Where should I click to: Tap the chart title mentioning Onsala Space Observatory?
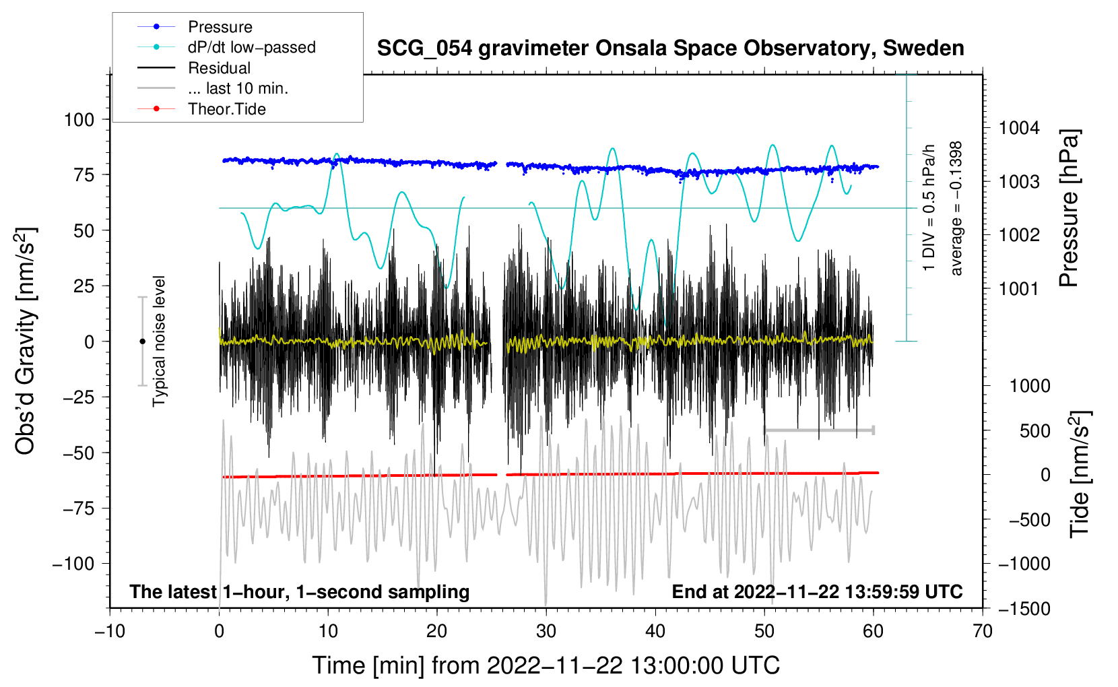point(670,48)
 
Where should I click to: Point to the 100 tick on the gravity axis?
point(79,120)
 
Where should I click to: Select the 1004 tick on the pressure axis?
point(1019,128)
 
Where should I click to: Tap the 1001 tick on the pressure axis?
point(1019,289)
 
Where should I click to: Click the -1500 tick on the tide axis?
point(1024,609)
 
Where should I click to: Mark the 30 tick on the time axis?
point(546,631)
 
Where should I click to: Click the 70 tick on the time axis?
point(983,631)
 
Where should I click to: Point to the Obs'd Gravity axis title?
point(26,341)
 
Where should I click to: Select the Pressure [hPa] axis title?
point(1070,209)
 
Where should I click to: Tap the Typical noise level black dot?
point(142,341)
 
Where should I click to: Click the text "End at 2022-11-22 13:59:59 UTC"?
point(817,591)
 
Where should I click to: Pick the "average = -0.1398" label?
point(956,209)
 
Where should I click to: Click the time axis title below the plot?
point(546,665)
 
